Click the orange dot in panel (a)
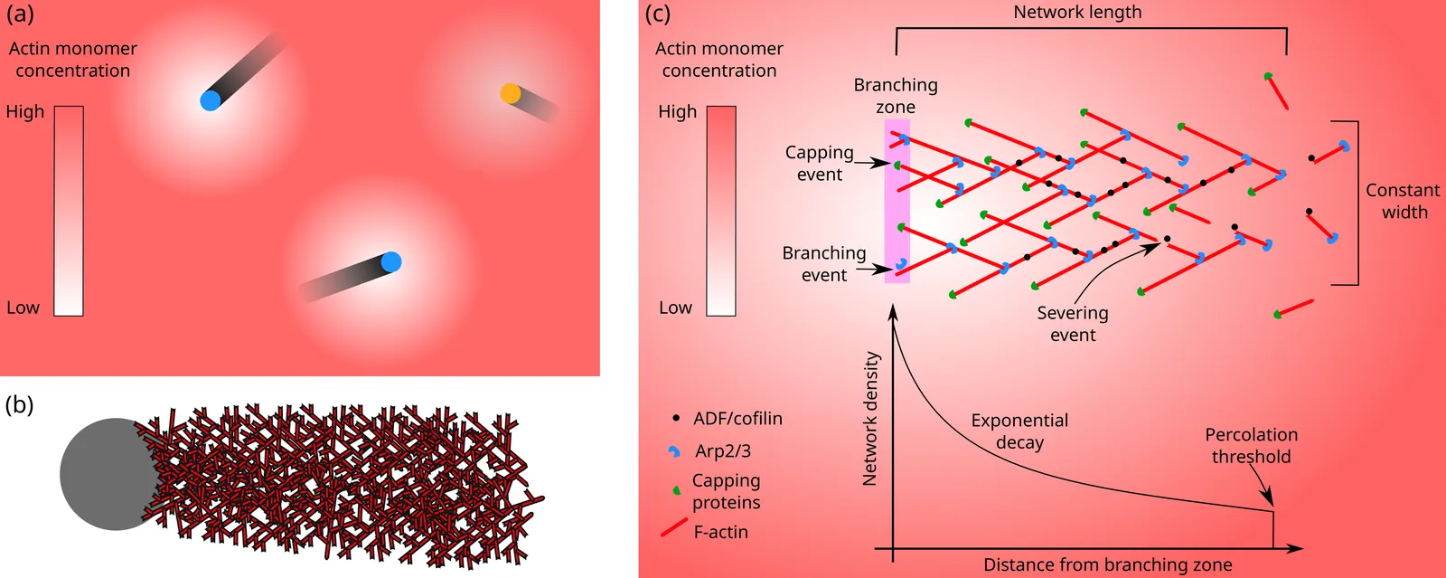coord(510,94)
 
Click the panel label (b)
coord(19,404)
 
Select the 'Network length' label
coord(1077,13)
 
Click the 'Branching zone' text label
coord(896,95)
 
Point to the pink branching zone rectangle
coord(897,200)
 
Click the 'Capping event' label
coord(819,164)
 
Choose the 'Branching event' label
coord(823,263)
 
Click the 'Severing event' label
coord(1072,324)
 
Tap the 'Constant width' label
coord(1403,201)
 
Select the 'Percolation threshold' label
coord(1251,446)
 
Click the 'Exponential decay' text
coord(1019,431)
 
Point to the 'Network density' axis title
coord(871,418)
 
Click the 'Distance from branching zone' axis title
coord(1108,565)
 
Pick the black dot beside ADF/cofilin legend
coord(676,418)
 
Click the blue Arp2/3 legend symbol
coord(674,451)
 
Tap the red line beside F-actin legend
coord(674,528)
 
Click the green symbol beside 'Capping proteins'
coord(676,490)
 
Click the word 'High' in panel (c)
coord(677,112)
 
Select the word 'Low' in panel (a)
coord(23,308)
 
